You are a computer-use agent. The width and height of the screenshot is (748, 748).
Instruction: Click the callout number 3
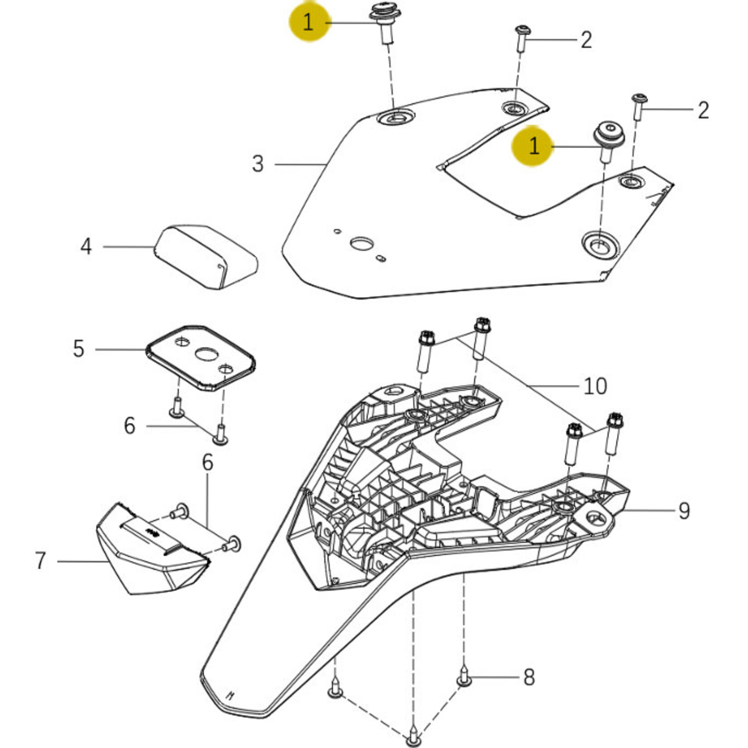(x=258, y=163)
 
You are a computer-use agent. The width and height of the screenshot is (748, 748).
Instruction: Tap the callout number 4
(x=86, y=247)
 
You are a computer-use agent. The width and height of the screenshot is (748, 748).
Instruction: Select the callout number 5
(x=79, y=349)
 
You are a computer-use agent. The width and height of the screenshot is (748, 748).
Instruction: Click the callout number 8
(x=529, y=677)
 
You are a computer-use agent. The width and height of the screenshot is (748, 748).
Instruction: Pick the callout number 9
(x=684, y=511)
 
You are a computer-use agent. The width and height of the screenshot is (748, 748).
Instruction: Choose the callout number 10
(x=595, y=386)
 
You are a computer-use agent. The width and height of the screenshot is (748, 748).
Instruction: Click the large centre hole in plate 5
(x=206, y=355)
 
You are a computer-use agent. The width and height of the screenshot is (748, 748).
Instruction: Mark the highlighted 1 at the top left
(x=308, y=22)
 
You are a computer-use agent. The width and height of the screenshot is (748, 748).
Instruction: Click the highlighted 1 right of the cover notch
(x=534, y=146)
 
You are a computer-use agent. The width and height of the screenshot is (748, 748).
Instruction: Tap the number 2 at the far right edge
(x=703, y=110)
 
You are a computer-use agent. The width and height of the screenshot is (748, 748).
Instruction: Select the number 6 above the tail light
(x=207, y=462)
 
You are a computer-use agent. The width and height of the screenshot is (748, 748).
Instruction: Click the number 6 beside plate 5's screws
(x=129, y=426)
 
